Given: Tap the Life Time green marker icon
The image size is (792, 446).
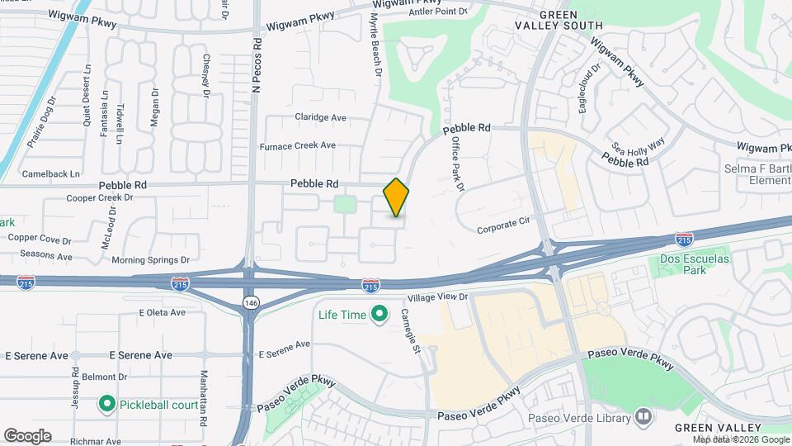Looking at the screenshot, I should (x=379, y=314).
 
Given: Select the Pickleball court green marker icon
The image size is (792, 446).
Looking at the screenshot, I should (x=106, y=405).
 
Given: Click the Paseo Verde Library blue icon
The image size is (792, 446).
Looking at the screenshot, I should (x=643, y=418).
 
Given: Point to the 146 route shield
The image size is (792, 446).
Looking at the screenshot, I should (x=250, y=303).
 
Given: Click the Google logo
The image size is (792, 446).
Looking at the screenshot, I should (x=27, y=436).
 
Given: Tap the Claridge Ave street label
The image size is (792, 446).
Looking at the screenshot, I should (x=320, y=117).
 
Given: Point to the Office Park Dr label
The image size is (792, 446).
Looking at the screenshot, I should (x=458, y=164).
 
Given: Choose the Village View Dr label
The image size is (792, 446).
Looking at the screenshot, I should (x=437, y=296).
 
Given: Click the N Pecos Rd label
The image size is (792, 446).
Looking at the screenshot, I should (x=257, y=64).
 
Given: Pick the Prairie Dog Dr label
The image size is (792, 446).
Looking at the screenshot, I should (x=40, y=122).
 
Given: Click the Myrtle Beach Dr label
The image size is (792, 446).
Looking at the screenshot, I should (x=375, y=44).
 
